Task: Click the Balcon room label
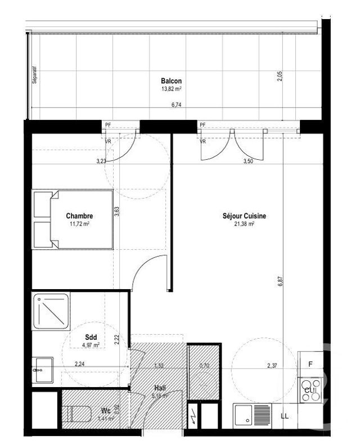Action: tap(171, 81)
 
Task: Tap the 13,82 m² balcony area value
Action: tap(171, 89)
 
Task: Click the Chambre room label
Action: tap(79, 216)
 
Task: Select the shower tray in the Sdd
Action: tap(51, 311)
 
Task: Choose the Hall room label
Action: tap(159, 388)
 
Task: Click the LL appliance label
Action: tap(285, 416)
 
